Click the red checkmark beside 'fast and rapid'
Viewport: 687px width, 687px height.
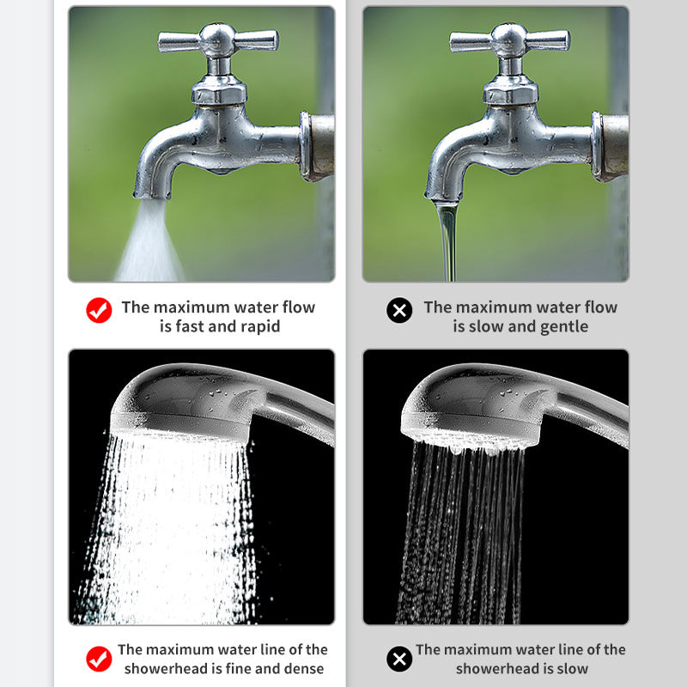pyautogui.click(x=99, y=310)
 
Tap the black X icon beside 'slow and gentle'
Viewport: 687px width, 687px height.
pyautogui.click(x=399, y=310)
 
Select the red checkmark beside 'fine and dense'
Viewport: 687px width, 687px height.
pyautogui.click(x=99, y=659)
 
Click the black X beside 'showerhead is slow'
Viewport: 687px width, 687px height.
pyautogui.click(x=399, y=659)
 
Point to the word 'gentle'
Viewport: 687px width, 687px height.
pyautogui.click(x=564, y=327)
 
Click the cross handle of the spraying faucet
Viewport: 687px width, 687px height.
pyautogui.click(x=218, y=41)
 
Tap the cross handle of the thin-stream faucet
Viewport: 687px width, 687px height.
pyautogui.click(x=509, y=41)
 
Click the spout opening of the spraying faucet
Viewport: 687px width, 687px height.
pyautogui.click(x=151, y=196)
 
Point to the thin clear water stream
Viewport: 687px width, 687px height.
pyautogui.click(x=447, y=240)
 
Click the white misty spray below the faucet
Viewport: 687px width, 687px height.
pyautogui.click(x=149, y=243)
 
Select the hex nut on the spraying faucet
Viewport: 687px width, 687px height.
pyautogui.click(x=219, y=91)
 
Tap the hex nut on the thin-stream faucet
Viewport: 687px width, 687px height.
pyautogui.click(x=510, y=91)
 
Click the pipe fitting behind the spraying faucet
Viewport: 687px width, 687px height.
pyautogui.click(x=317, y=146)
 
